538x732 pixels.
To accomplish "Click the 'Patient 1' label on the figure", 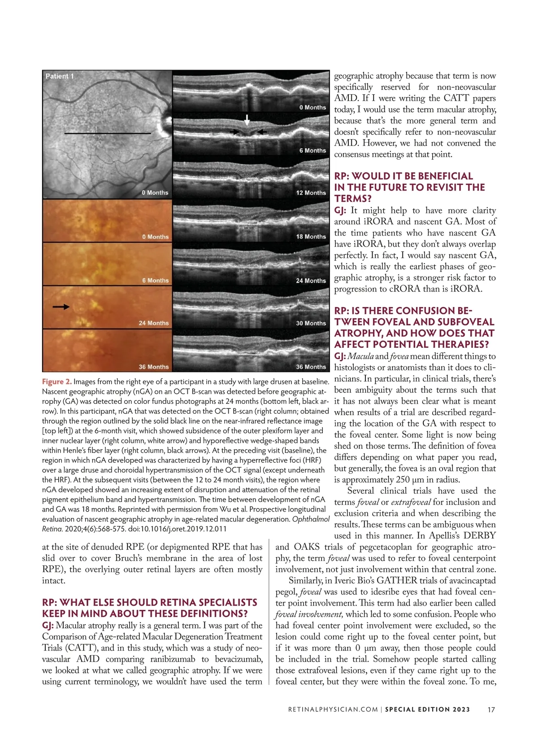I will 60,76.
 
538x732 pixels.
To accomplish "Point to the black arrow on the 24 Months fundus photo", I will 61,307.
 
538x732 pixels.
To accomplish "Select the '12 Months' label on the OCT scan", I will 311,193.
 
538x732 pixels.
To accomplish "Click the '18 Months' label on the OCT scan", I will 311,237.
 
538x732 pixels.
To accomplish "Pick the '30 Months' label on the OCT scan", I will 311,323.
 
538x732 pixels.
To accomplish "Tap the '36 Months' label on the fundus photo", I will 153,367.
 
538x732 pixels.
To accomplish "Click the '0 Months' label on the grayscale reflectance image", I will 155,193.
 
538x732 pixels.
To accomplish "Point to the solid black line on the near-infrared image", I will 108,133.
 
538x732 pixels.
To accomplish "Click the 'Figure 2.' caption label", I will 56,382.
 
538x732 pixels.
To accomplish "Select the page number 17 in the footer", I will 491,710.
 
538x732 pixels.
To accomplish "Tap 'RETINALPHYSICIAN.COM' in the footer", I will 330,710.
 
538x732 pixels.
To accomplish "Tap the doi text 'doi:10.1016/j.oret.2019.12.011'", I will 178,529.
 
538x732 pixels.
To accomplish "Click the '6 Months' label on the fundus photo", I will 155,281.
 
